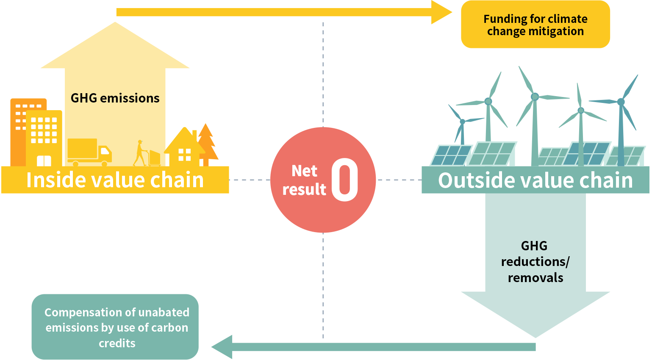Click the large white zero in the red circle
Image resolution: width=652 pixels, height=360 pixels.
click(x=344, y=180)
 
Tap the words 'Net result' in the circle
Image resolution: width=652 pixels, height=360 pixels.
click(x=304, y=180)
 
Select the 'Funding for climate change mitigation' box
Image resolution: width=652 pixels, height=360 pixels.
click(x=535, y=25)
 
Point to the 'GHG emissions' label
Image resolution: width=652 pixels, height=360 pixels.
click(x=115, y=98)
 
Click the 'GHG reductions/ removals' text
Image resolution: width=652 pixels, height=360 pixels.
click(x=535, y=262)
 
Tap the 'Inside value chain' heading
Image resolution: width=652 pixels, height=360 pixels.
click(x=115, y=180)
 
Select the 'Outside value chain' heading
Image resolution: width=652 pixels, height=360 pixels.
click(x=535, y=180)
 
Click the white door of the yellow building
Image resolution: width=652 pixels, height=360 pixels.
click(x=44, y=161)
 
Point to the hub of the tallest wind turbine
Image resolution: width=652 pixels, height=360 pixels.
click(x=535, y=97)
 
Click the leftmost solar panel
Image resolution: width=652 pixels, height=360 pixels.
click(x=451, y=155)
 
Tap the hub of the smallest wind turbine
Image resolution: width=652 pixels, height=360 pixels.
click(x=462, y=122)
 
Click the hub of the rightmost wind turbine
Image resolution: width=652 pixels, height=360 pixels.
click(x=621, y=102)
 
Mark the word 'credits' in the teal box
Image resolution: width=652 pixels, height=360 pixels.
click(x=117, y=343)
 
